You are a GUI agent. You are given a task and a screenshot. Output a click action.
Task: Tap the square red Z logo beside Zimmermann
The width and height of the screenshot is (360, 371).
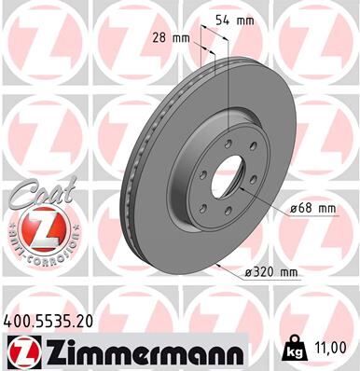pyautogui.click(x=20, y=352)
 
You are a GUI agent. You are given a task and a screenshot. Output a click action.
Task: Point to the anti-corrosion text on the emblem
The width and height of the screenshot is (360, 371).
pyautogui.click(x=36, y=253)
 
